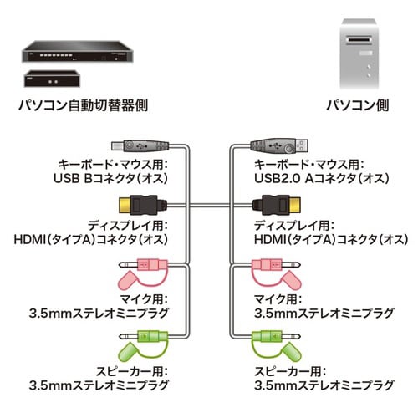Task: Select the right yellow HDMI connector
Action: (x=274, y=204)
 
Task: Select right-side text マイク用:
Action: (x=278, y=299)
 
